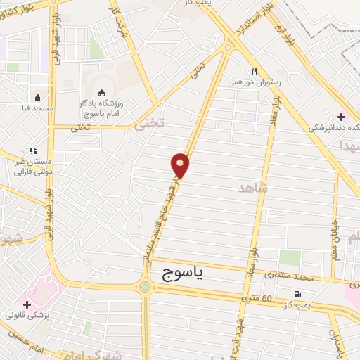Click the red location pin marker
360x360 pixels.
181,165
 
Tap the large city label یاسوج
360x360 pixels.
185,274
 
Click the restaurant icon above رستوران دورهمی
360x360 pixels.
255,71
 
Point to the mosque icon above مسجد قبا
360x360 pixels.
37,98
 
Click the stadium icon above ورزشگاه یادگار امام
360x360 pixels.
101,92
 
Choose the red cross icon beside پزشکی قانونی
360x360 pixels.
27,305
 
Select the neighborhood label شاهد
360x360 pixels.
254,188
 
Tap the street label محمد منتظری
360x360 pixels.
287,278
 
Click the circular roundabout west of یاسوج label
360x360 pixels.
145,286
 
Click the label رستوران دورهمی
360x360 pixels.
255,82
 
